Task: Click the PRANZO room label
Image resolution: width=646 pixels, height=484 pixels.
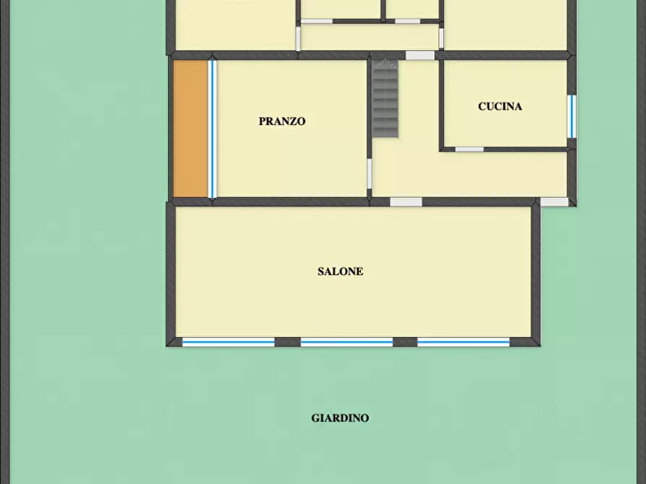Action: (282, 121)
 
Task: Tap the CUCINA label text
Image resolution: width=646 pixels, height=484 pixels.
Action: (500, 107)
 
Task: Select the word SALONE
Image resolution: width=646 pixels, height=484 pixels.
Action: (340, 272)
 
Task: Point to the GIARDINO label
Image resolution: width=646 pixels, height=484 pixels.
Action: (340, 418)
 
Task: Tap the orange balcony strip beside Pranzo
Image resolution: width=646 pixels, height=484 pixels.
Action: (191, 129)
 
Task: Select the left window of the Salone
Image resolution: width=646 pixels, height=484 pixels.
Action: (229, 342)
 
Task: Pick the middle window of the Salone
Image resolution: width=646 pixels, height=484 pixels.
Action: (347, 342)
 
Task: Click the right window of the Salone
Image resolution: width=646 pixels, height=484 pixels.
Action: (464, 342)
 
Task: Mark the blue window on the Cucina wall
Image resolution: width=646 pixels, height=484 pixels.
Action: (571, 116)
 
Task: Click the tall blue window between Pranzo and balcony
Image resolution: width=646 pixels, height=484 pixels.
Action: (213, 129)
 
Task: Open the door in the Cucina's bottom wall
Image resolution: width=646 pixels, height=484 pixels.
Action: (469, 150)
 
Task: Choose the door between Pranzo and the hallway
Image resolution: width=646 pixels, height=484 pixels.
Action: (370, 174)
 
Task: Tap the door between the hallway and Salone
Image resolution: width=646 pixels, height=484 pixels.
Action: (406, 202)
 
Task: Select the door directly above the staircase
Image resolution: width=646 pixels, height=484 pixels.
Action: (420, 56)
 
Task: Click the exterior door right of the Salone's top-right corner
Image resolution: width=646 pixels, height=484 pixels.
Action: (555, 202)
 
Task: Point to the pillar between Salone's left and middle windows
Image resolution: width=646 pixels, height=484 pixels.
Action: (288, 342)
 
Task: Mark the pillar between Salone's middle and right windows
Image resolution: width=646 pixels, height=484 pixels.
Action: (405, 342)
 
